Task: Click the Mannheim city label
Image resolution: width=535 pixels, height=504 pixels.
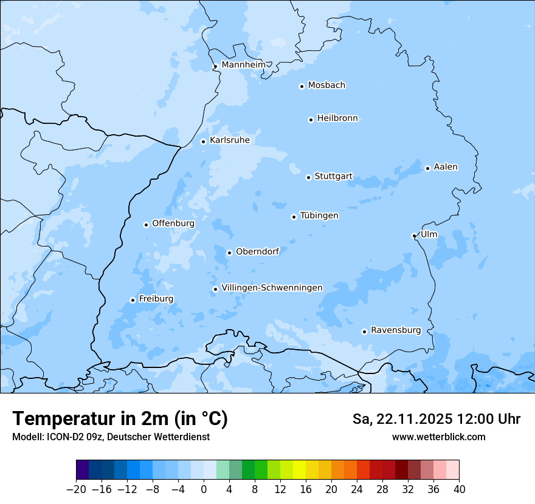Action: [244, 64]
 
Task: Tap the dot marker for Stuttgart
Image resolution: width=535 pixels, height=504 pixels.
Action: [308, 177]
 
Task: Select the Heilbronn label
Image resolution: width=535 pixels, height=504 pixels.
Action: [337, 118]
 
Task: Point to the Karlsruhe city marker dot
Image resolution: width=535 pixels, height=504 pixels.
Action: [204, 141]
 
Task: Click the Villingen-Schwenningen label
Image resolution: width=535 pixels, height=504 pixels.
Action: [272, 287]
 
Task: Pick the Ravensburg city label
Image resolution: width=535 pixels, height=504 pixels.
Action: [396, 330]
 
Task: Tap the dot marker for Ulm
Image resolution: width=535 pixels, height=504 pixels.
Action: [414, 236]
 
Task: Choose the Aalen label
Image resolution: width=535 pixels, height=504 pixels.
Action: [446, 166]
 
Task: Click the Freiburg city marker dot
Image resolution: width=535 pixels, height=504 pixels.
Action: [133, 300]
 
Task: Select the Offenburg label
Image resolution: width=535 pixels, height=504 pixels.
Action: [173, 223]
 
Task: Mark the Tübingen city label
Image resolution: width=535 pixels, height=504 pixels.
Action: [319, 216]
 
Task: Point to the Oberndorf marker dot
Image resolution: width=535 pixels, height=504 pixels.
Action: [229, 253]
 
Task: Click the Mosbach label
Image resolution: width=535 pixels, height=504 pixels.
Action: [326, 85]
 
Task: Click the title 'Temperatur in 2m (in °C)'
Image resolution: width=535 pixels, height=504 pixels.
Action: [120, 418]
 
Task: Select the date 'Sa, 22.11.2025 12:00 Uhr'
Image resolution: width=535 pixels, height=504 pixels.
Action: [437, 419]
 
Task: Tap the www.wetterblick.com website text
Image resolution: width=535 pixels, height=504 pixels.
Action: [438, 437]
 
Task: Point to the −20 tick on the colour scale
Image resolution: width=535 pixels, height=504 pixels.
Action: [76, 489]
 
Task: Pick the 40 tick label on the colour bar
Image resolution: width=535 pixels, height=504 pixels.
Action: [459, 489]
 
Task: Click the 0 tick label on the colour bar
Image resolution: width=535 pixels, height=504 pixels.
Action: [204, 489]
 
